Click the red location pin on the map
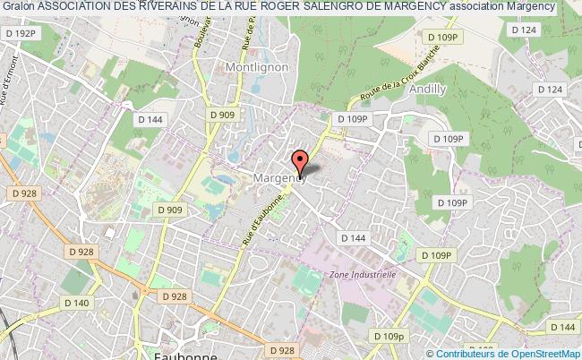300,162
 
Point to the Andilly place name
426,90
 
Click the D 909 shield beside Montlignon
223,115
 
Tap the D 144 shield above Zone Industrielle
354,237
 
